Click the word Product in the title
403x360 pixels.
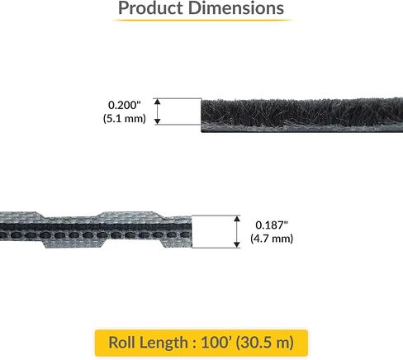(x=150, y=9)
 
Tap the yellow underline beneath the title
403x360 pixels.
(x=201, y=20)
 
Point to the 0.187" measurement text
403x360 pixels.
(x=269, y=225)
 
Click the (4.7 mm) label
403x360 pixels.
(x=269, y=239)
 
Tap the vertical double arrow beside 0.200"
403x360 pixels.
(x=159, y=111)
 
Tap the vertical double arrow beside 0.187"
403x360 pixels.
(x=237, y=231)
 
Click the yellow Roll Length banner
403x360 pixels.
(x=201, y=341)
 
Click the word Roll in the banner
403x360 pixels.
(x=123, y=341)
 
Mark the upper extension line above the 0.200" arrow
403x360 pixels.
(x=177, y=99)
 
